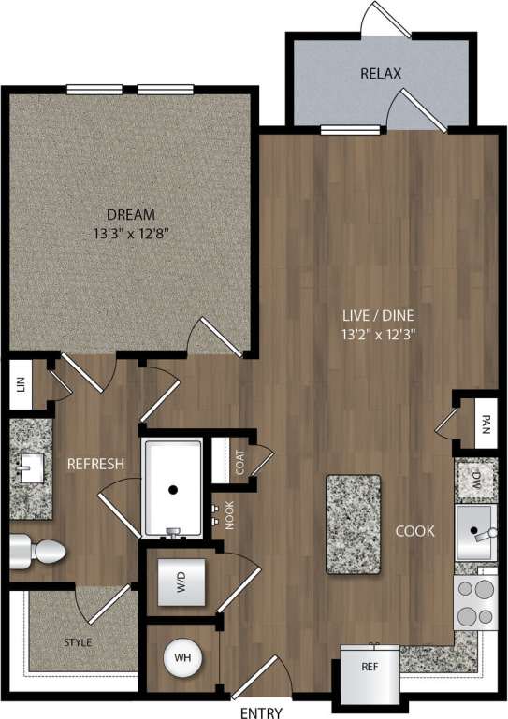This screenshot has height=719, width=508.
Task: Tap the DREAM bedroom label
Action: (130, 213)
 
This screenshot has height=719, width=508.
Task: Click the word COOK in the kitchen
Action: (414, 531)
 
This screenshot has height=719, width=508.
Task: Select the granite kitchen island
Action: (354, 524)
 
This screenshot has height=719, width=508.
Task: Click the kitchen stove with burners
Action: (475, 602)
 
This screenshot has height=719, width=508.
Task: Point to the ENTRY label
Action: (263, 712)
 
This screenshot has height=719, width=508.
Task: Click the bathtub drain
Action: (172, 489)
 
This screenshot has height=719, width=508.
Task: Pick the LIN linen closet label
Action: (19, 384)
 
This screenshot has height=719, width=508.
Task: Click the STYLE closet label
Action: (78, 642)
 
